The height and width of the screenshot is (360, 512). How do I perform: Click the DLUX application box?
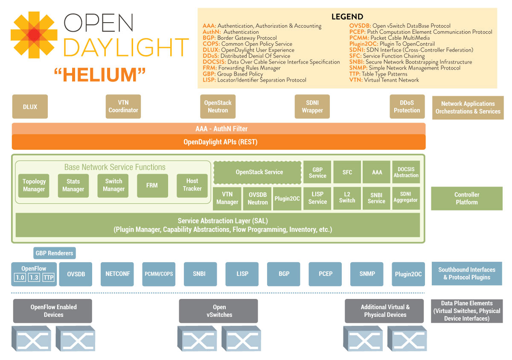(x=30, y=106)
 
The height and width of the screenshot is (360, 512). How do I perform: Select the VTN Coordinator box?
(x=123, y=106)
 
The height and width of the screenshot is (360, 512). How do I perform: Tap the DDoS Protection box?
(x=407, y=106)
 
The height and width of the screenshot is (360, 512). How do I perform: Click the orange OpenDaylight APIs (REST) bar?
(x=218, y=142)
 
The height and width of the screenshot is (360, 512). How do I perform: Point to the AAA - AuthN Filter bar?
(x=218, y=129)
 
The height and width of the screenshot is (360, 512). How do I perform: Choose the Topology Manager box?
(x=34, y=185)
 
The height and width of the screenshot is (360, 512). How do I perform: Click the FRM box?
(x=152, y=185)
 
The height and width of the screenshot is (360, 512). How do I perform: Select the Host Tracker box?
(x=192, y=185)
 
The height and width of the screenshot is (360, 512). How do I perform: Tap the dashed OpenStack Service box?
(x=256, y=172)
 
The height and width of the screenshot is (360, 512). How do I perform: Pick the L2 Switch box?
(x=347, y=197)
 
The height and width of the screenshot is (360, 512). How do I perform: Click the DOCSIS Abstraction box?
(x=406, y=172)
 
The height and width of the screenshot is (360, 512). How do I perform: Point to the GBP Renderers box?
(x=54, y=253)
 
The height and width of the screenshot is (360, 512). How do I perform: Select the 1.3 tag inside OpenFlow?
(x=34, y=278)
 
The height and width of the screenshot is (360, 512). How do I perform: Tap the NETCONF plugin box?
(x=117, y=274)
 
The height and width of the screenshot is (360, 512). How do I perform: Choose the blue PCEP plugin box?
(x=326, y=274)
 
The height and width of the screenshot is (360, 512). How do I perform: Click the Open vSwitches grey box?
(x=218, y=311)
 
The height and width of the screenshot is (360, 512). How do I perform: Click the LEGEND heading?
(x=347, y=17)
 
